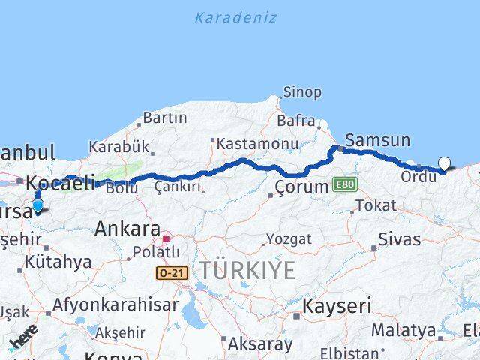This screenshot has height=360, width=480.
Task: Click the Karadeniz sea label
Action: (235, 17)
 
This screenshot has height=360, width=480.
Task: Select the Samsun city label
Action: (377, 140)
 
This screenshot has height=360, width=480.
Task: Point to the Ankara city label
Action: (127, 229)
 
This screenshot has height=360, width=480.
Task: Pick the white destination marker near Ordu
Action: (445, 163)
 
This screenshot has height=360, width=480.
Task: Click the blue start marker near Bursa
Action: (37, 205)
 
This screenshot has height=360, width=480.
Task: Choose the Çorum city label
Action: (301, 187)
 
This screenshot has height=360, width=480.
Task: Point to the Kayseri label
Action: (337, 306)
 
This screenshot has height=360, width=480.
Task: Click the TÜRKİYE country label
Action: (247, 271)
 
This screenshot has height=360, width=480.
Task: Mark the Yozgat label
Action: (290, 239)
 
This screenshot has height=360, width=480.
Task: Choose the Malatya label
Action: (403, 330)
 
